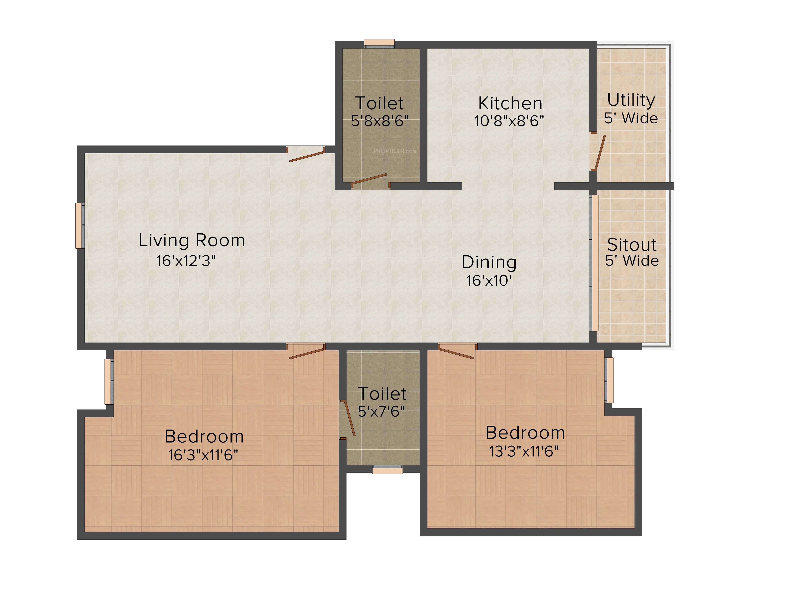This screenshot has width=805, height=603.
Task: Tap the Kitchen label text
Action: click(510, 103)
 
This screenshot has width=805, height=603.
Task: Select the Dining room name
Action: click(489, 263)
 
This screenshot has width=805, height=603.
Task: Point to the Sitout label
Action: click(632, 245)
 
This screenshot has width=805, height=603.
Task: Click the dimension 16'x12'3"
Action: click(186, 261)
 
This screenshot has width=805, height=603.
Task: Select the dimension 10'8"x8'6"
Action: click(509, 121)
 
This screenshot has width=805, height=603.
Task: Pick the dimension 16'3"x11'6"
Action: click(203, 455)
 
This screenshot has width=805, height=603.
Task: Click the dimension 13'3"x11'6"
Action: click(524, 451)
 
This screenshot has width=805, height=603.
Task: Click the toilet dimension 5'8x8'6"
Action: click(380, 121)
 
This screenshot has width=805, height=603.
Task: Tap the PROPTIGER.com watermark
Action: click(395, 151)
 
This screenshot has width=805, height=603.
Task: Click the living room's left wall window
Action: click(80, 226)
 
